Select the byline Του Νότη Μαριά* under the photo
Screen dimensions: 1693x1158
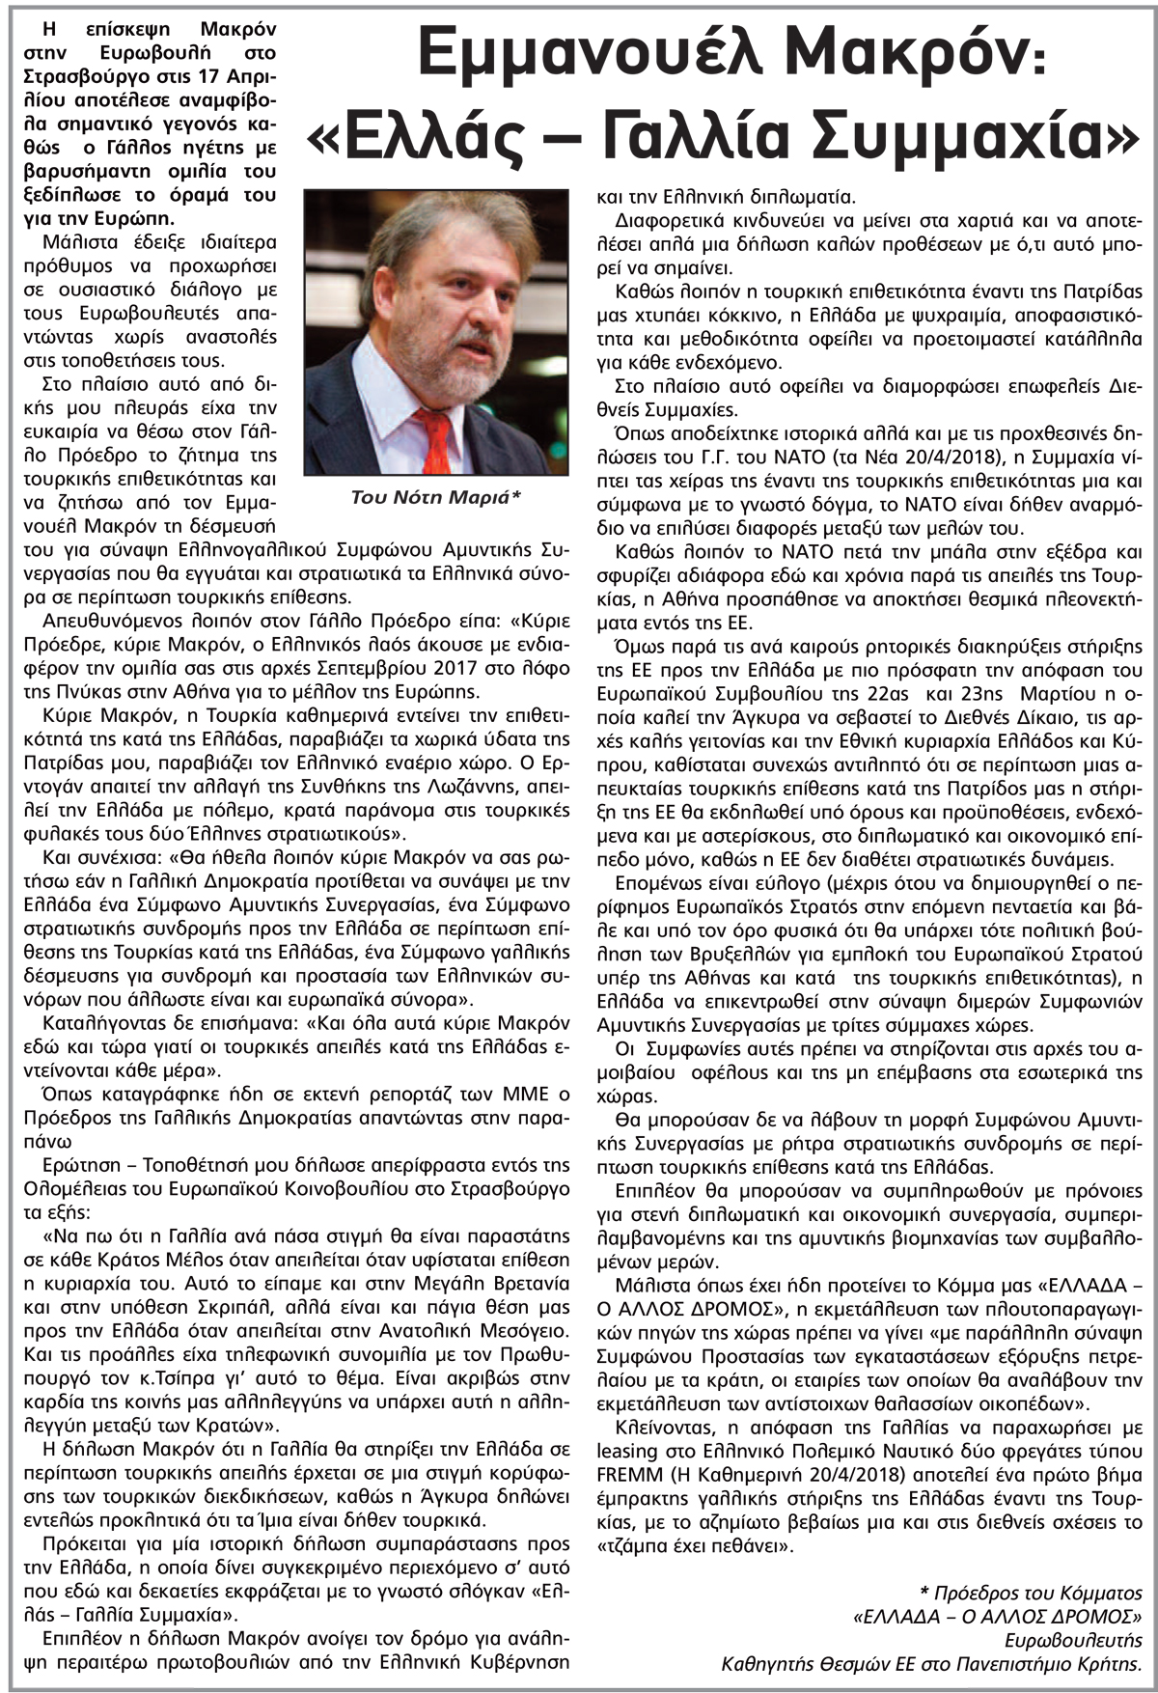point(436,497)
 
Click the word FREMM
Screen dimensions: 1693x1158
point(628,1475)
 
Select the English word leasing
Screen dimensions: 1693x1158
point(627,1451)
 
